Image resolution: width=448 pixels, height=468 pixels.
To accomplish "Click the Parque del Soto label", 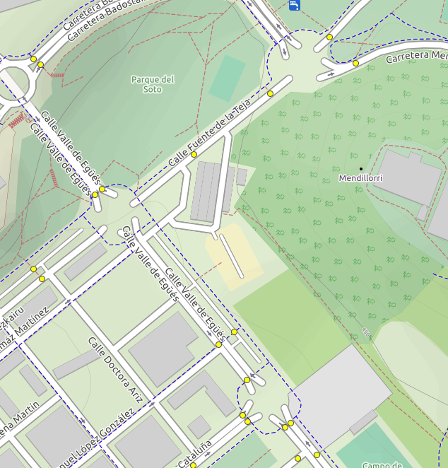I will pos(152,84).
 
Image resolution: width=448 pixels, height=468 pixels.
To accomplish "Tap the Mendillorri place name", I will pos(360,178).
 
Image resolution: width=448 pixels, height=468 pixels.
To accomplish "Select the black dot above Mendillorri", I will pos(360,168).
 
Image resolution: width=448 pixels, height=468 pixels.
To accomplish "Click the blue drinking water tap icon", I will pos(295,5).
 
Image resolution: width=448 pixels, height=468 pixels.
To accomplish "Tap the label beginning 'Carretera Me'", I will pos(417,56).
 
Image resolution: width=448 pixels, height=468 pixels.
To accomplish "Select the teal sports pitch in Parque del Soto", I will pos(228,78).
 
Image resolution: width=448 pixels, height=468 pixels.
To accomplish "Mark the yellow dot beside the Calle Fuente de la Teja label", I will pos(194,154).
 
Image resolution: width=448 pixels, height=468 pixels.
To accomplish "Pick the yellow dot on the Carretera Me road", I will pos(355,63).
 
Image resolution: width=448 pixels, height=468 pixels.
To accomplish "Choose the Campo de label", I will pos(382,464).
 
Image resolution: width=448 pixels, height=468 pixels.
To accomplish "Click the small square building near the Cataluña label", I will pos(199,426).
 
